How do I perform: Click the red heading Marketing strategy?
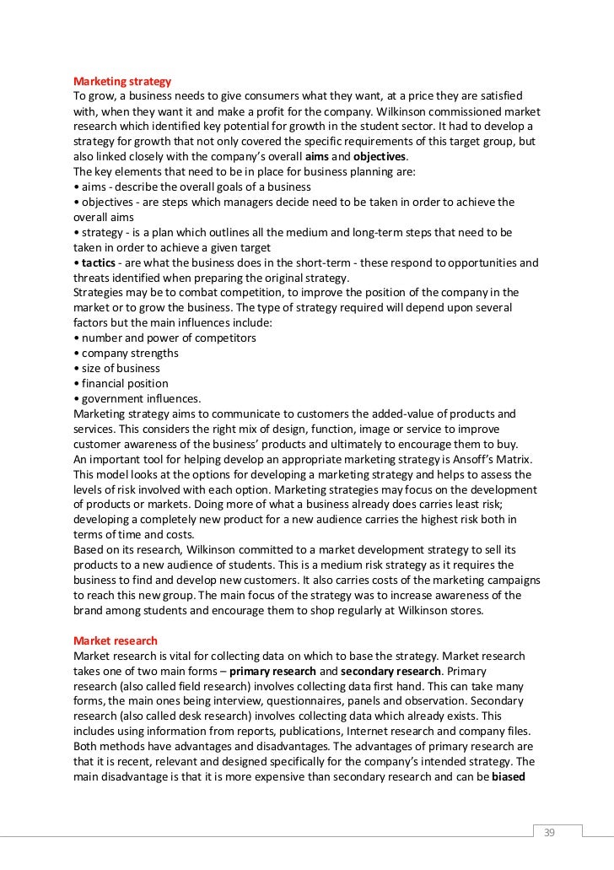coord(122,82)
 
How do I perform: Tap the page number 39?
coord(549,833)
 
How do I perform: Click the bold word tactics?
coord(101,262)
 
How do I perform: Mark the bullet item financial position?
coord(124,384)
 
